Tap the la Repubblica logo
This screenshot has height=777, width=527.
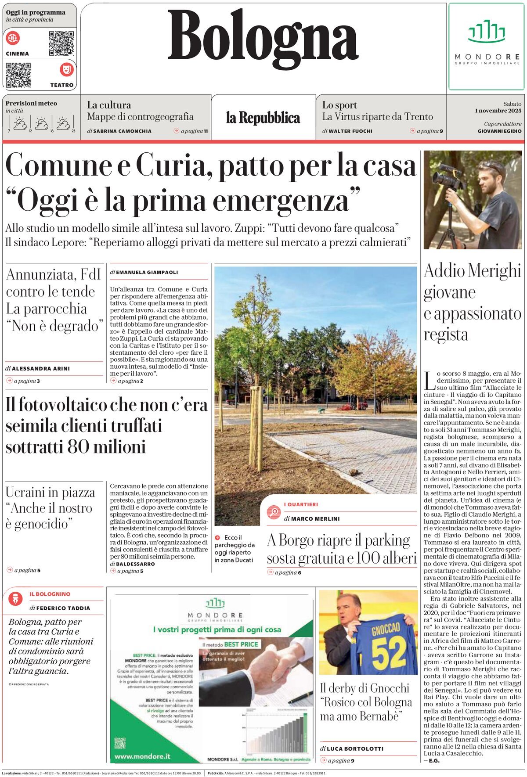[263, 118]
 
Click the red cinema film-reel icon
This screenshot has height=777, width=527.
[13, 38]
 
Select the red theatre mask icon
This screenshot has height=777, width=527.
[67, 69]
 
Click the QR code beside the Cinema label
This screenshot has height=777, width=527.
[61, 43]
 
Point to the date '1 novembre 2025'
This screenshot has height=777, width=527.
[498, 111]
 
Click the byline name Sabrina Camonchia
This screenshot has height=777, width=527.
[122, 131]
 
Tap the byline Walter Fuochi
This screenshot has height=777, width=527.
[350, 131]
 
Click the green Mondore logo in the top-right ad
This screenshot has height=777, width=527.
[486, 32]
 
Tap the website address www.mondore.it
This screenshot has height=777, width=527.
[142, 756]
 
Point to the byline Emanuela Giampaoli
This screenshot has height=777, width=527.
[147, 272]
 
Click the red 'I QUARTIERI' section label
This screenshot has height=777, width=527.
[301, 504]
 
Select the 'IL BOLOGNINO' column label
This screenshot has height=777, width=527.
[50, 594]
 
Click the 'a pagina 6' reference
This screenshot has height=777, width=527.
[288, 572]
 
